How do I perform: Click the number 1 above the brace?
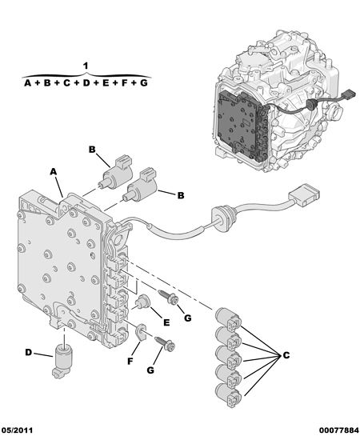pyautogui.click(x=86, y=66)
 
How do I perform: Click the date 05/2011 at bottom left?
pyautogui.click(x=17, y=430)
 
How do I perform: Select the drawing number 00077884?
pyautogui.click(x=339, y=430)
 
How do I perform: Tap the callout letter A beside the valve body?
pyautogui.click(x=53, y=172)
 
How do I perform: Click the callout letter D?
pyautogui.click(x=29, y=353)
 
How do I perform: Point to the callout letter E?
pyautogui.click(x=166, y=322)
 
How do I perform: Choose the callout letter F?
pyautogui.click(x=130, y=362)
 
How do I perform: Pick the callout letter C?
pyautogui.click(x=286, y=355)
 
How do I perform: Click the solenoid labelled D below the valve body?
pyautogui.click(x=63, y=360)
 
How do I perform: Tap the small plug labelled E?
pyautogui.click(x=142, y=302)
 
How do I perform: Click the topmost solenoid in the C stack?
pyautogui.click(x=228, y=320)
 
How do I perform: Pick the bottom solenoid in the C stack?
pyautogui.click(x=228, y=395)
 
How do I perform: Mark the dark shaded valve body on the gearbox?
pyautogui.click(x=242, y=126)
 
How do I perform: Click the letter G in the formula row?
pyautogui.click(x=143, y=82)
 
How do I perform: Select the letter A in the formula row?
pyautogui.click(x=27, y=82)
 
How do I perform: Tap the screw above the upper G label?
pyautogui.click(x=169, y=297)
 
